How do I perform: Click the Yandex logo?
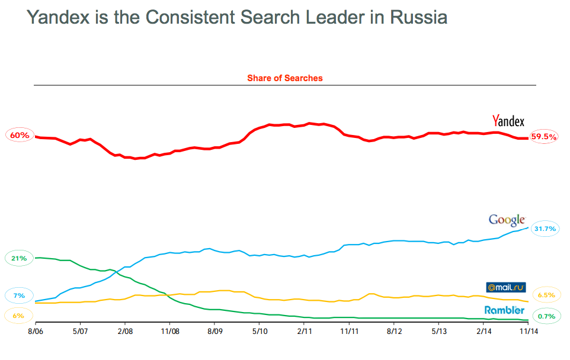pyautogui.click(x=508, y=121)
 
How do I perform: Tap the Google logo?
pyautogui.click(x=507, y=220)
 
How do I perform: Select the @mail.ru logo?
pyautogui.click(x=505, y=288)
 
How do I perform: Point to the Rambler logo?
pyautogui.click(x=504, y=310)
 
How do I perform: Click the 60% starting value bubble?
pyautogui.click(x=20, y=136)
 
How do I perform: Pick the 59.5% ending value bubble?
pyautogui.click(x=544, y=136)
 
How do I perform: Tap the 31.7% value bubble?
pyautogui.click(x=545, y=228)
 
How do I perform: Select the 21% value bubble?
pyautogui.click(x=19, y=258)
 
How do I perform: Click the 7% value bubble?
pyautogui.click(x=19, y=295)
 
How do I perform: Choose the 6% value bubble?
pyautogui.click(x=18, y=316)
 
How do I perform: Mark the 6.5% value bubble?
pyautogui.click(x=546, y=295)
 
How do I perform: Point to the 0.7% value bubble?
pyautogui.click(x=546, y=316)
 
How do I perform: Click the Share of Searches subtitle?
pyautogui.click(x=284, y=78)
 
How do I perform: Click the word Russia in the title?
pyautogui.click(x=418, y=18)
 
